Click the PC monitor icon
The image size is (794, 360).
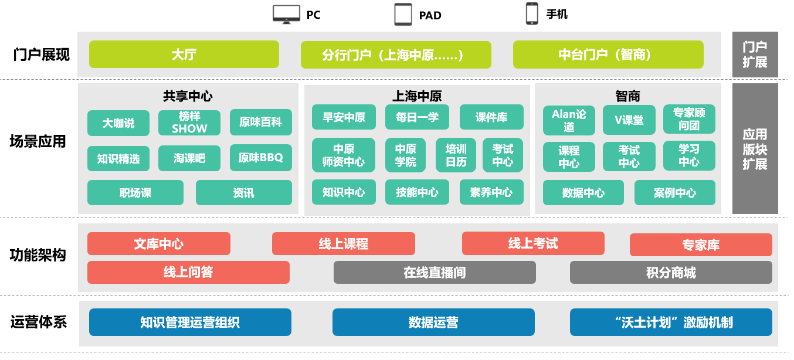click(286, 14)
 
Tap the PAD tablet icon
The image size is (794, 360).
click(403, 14)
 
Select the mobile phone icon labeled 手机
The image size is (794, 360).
click(532, 13)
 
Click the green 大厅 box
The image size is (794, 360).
click(184, 55)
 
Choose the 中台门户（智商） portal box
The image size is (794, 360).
click(608, 55)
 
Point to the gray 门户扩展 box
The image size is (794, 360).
click(755, 55)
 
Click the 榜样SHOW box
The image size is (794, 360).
click(189, 123)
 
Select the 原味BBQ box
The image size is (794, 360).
click(261, 158)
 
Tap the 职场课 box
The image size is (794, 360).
click(135, 192)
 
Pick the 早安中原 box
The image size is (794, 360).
click(344, 117)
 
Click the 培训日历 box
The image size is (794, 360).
click(456, 155)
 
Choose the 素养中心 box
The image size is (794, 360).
click(491, 192)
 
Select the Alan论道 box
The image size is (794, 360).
click(569, 120)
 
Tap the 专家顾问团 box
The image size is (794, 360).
click(689, 119)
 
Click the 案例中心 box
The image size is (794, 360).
click(675, 192)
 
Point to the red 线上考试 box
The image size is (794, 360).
click(533, 243)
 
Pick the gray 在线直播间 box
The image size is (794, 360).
click(435, 272)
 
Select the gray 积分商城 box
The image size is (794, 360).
click(671, 272)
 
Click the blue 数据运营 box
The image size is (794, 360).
click(433, 322)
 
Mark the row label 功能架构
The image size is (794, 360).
click(38, 255)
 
